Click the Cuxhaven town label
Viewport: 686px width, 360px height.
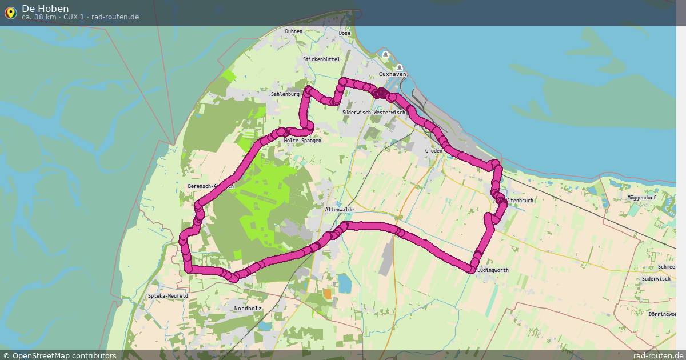tap(393, 74)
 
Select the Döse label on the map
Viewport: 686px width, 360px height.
tap(344, 33)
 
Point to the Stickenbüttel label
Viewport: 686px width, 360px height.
tap(321, 59)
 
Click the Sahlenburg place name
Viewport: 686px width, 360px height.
tap(285, 94)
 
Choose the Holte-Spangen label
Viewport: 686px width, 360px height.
tap(302, 141)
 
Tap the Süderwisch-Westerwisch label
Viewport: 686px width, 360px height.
tap(373, 113)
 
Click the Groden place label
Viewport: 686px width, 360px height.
tap(434, 151)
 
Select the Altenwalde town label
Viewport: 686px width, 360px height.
tap(339, 210)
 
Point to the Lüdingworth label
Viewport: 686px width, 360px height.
tap(492, 270)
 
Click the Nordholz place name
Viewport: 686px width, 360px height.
tap(248, 309)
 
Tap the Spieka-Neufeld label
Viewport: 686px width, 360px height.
tap(167, 296)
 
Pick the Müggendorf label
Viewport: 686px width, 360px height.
tap(641, 198)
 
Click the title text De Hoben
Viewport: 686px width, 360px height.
tap(45, 9)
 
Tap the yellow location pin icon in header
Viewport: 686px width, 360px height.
tap(10, 13)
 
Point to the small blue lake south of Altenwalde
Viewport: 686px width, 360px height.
tap(344, 282)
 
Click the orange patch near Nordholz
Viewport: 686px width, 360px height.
tap(327, 293)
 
